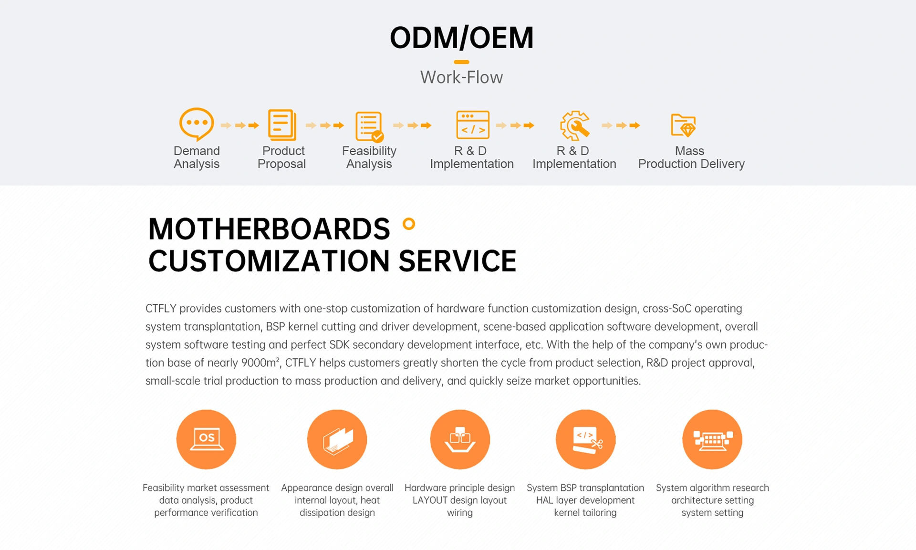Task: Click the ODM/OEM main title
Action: pyautogui.click(x=461, y=38)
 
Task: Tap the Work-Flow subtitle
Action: pyautogui.click(x=461, y=77)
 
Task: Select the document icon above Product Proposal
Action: pyautogui.click(x=282, y=125)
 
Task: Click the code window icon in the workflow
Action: pyautogui.click(x=473, y=125)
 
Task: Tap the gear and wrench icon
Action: pyautogui.click(x=575, y=125)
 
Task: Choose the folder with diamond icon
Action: pyautogui.click(x=683, y=125)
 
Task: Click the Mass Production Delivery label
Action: pyautogui.click(x=691, y=157)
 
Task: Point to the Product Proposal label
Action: pyautogui.click(x=282, y=157)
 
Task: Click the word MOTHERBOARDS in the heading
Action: pyautogui.click(x=269, y=229)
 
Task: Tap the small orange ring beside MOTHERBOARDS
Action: pyautogui.click(x=409, y=224)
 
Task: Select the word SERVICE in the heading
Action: pyautogui.click(x=457, y=261)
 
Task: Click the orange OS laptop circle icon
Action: pyautogui.click(x=206, y=439)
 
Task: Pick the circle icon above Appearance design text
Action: pyautogui.click(x=337, y=439)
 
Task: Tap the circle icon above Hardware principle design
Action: pyautogui.click(x=460, y=439)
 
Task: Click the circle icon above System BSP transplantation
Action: pyautogui.click(x=585, y=439)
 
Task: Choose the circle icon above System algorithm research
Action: pyautogui.click(x=712, y=439)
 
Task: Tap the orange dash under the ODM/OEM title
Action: pyautogui.click(x=461, y=62)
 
